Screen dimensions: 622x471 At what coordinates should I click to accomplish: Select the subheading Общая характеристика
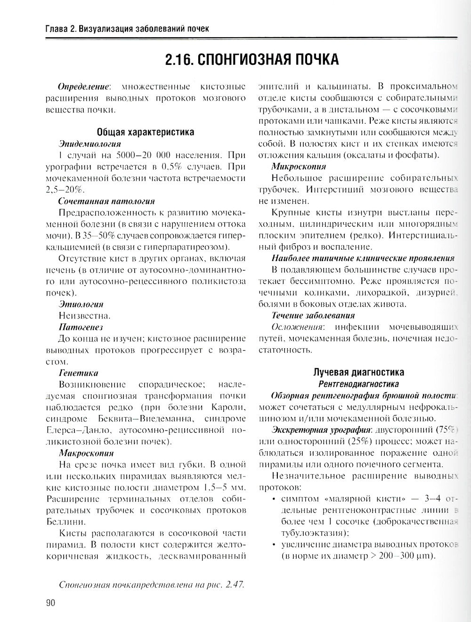click(146, 132)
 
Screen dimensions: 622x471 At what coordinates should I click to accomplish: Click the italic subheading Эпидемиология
click(89, 144)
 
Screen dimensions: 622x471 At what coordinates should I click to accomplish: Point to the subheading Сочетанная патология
click(106, 201)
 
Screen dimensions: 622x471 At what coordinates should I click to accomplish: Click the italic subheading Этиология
click(81, 304)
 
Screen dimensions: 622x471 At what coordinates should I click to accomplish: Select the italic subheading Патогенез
click(81, 327)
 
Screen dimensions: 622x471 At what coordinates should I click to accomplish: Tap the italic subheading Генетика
click(79, 373)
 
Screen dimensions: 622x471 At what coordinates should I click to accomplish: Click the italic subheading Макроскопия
click(86, 453)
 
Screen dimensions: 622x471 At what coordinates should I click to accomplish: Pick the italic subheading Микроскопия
click(299, 166)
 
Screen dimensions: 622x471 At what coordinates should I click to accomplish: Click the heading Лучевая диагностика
click(359, 372)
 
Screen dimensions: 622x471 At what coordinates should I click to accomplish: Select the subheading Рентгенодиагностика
click(359, 384)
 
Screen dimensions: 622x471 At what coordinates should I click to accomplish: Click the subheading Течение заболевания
click(313, 315)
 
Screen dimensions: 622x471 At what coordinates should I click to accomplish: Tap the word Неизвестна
click(85, 316)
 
